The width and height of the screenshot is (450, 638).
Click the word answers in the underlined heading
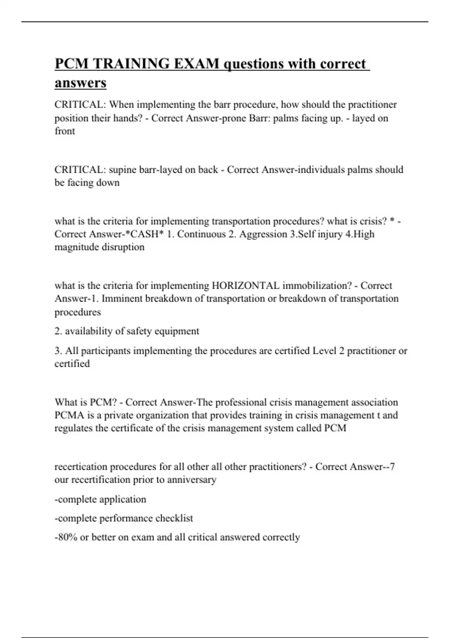[x=80, y=83]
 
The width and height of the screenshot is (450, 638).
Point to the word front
[x=64, y=131]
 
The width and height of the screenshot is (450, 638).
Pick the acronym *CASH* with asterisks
[x=143, y=234]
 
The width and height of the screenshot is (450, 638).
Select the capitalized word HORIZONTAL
[x=246, y=286]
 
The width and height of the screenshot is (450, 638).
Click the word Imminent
[x=122, y=299]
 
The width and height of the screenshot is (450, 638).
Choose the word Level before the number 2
[x=324, y=351]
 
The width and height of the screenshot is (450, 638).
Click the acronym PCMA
[x=67, y=415]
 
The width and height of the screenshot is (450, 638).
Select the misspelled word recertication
[x=81, y=467]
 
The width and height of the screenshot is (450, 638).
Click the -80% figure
[x=66, y=537]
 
